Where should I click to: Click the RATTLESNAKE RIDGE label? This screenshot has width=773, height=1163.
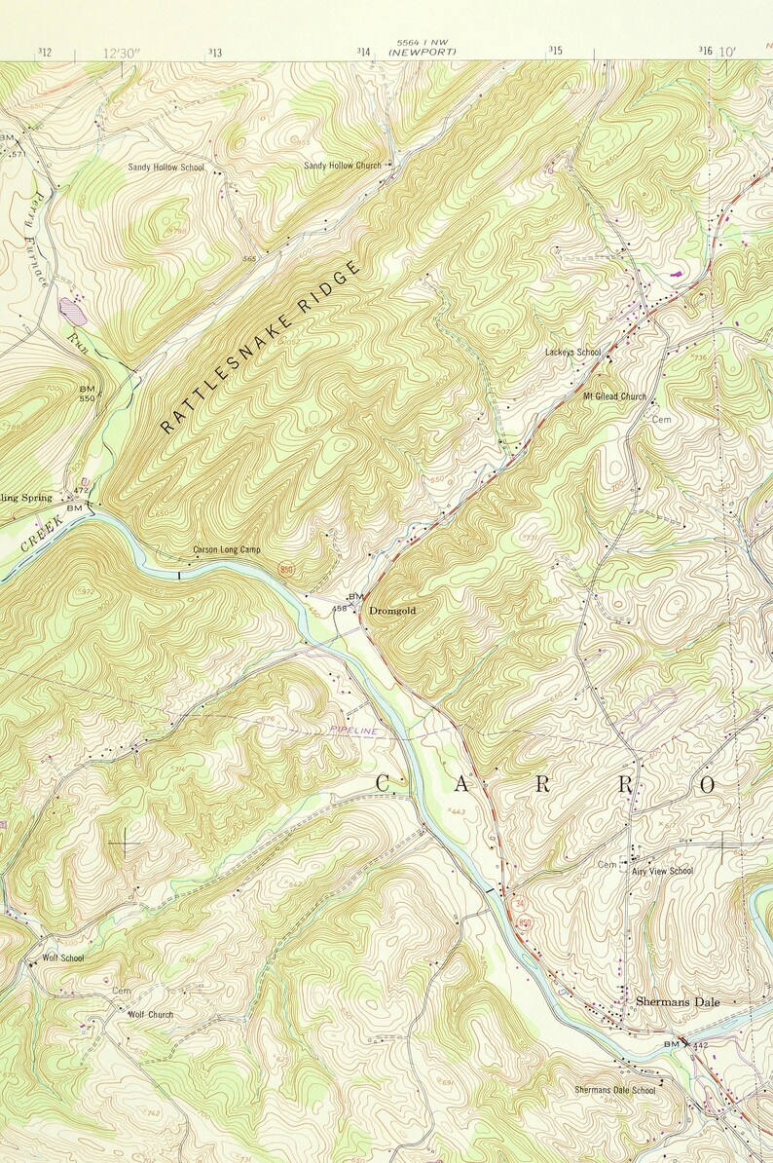coord(260,347)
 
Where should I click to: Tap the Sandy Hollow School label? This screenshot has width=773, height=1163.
coord(166,168)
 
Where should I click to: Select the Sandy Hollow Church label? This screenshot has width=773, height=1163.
coord(342,166)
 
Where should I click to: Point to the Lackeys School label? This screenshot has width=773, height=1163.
coord(572,352)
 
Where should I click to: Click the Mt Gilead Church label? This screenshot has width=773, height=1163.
coord(614,396)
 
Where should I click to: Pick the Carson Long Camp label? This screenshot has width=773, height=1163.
coord(226,550)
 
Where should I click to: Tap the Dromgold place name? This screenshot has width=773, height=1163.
coord(393,610)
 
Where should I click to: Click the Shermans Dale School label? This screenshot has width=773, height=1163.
coord(614,1090)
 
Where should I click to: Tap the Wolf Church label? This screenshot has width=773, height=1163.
coord(151,1014)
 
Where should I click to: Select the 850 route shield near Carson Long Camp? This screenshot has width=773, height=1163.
coord(286,566)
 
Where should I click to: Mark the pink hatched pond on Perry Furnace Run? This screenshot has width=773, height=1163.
coord(72,310)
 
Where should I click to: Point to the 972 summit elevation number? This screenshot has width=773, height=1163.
coord(85,591)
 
